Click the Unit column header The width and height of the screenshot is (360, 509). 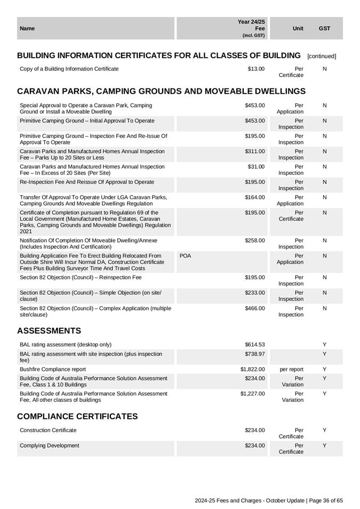[x=298, y=28]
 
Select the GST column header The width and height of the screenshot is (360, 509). [x=324, y=28]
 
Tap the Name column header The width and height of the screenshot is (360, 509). [x=27, y=28]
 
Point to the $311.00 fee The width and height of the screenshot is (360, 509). [x=255, y=151]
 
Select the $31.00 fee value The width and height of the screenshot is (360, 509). [x=256, y=167]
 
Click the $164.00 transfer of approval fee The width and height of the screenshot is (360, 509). [x=255, y=197]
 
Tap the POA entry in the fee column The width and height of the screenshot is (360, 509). [x=185, y=256]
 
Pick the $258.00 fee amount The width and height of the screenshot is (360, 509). [x=255, y=240]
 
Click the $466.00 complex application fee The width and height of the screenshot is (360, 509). [x=255, y=308]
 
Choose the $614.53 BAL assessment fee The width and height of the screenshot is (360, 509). [x=255, y=344]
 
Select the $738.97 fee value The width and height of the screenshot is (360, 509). [x=255, y=354]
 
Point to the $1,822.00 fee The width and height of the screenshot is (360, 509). [x=253, y=369]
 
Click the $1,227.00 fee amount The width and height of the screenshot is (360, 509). [x=253, y=393]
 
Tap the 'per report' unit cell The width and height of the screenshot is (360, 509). [x=291, y=369]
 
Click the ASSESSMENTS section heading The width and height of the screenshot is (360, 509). [x=49, y=331]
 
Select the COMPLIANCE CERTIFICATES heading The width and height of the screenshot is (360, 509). [x=77, y=416]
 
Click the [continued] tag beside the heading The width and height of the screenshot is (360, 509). [x=322, y=56]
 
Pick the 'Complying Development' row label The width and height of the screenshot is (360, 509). [x=49, y=445]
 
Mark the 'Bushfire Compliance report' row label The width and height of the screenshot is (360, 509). [x=52, y=369]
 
